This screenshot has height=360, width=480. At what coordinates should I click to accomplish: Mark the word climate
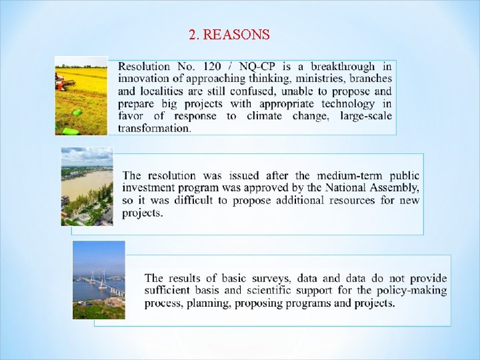click(265, 116)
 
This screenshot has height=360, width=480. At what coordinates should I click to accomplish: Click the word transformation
click(153, 128)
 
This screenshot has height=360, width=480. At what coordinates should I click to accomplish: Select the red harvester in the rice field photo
click(65, 83)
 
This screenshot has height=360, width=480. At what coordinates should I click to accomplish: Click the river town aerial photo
click(87, 186)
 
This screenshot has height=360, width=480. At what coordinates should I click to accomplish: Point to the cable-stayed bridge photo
click(99, 280)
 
